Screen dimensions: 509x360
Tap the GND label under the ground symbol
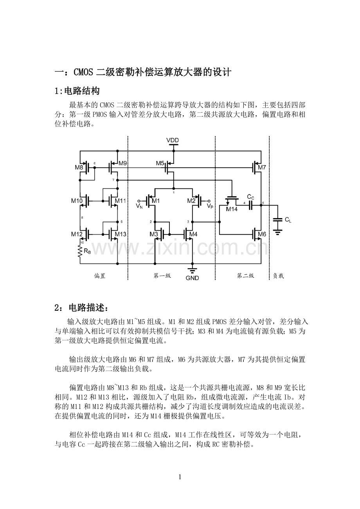192,278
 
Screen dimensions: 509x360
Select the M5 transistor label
160,163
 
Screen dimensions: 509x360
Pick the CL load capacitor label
288,220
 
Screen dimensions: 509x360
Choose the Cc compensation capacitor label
250,197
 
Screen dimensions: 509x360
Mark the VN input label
139,205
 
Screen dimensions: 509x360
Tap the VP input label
210,205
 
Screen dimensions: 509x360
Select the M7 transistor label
262,168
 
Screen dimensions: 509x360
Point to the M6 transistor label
262,234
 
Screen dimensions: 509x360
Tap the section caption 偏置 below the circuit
100,276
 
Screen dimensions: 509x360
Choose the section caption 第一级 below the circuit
162,276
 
